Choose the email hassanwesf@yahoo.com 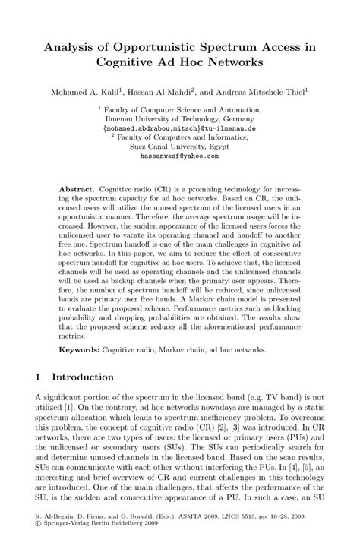click(x=179, y=155)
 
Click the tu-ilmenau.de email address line click(x=179, y=129)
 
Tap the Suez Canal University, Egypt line click(x=179, y=147)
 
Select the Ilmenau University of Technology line click(x=179, y=120)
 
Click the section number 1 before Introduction click(x=39, y=377)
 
